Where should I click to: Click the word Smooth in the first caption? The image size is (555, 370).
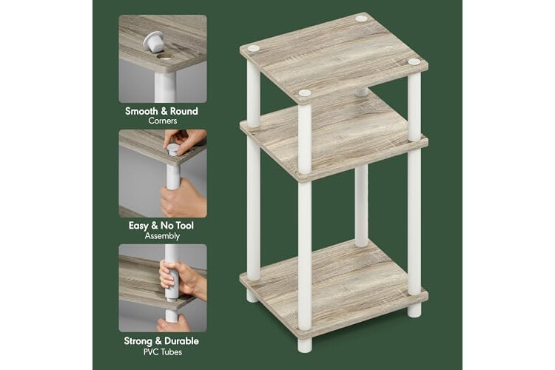click(141, 111)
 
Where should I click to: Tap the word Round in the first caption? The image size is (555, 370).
click(184, 111)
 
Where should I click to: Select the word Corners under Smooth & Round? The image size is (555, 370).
click(163, 121)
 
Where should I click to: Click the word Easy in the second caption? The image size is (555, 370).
click(138, 226)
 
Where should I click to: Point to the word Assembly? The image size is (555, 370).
click(163, 236)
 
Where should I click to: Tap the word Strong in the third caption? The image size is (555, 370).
click(138, 341)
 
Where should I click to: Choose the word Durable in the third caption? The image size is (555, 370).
click(182, 341)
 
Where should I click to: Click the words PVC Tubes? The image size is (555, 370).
click(163, 352)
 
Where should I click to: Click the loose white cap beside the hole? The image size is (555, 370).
click(154, 41)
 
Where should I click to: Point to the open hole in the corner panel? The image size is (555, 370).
click(165, 56)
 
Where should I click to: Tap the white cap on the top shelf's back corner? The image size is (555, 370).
click(361, 18)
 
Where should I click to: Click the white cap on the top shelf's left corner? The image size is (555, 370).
click(253, 49)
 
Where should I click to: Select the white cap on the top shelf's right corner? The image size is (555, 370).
click(414, 62)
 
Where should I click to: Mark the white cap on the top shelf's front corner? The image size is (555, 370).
click(305, 93)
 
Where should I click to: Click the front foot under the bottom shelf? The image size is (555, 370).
click(305, 346)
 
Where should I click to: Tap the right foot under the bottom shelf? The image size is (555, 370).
click(414, 310)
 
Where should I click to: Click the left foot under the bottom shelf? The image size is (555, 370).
click(253, 296)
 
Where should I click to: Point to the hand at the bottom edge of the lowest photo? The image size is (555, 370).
click(173, 324)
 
